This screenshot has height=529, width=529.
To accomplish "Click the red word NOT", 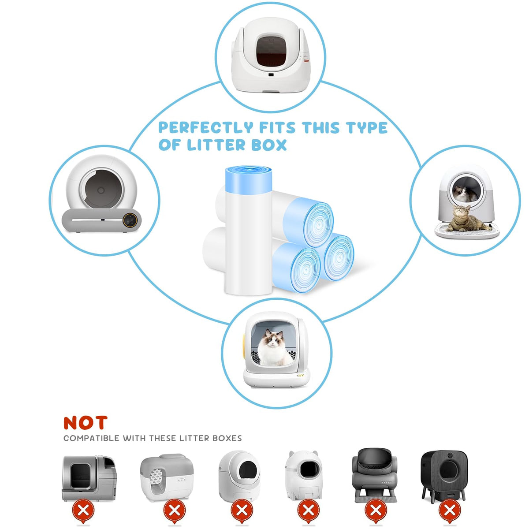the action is (85, 423).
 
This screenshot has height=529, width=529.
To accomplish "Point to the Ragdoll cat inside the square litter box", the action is (272, 348).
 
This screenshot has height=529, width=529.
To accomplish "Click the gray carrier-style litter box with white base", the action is (167, 477).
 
